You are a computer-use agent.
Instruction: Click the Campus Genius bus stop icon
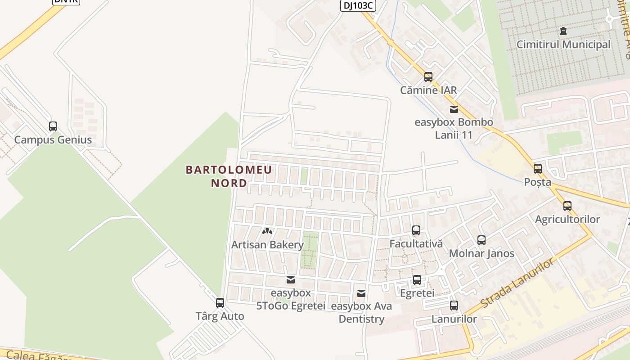tap(53, 126)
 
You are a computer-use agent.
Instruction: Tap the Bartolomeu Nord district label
tap(229, 176)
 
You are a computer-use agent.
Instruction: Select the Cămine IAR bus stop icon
tap(428, 77)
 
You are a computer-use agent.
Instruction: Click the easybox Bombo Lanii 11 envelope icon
tap(454, 109)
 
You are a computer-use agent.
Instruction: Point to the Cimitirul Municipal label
tap(563, 45)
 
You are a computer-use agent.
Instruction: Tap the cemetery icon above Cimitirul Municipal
tap(563, 31)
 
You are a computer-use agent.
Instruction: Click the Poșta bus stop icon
tap(538, 169)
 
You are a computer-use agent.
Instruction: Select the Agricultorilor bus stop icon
tap(567, 206)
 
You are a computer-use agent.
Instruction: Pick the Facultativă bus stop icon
tap(416, 230)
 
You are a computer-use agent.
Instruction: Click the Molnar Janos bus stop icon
tap(481, 240)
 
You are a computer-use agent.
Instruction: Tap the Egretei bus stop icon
tap(417, 280)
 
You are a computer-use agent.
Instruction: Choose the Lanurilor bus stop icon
tap(454, 306)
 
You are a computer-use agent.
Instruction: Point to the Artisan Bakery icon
tap(267, 231)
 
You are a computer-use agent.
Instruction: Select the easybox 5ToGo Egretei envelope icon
tap(291, 280)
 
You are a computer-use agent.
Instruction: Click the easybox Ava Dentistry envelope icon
tap(361, 293)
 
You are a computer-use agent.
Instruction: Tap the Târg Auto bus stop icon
tap(220, 303)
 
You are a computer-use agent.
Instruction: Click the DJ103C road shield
tap(357, 5)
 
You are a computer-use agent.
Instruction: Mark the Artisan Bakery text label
tap(267, 245)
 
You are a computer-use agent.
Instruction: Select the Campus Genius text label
tap(53, 140)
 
